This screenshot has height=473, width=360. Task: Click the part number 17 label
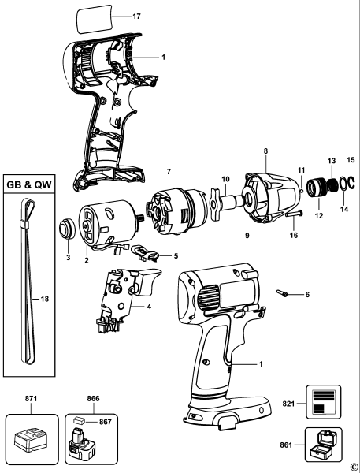136,15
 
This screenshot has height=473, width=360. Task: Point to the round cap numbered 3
65,233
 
